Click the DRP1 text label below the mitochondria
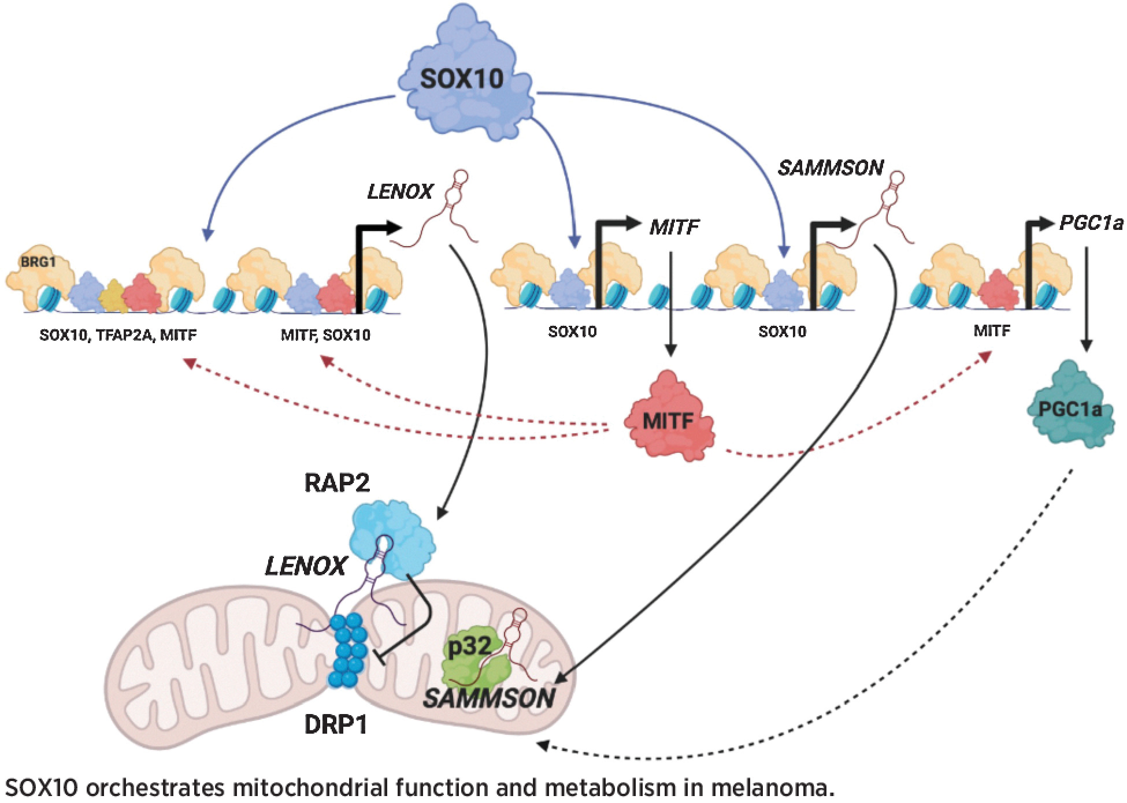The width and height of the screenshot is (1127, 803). pos(336,725)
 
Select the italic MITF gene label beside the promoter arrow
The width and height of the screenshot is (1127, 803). pos(674,226)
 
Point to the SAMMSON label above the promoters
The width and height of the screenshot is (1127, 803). pos(831,168)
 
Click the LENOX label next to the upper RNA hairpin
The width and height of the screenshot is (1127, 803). pos(400,191)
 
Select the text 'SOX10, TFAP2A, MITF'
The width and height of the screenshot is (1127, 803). pos(118,334)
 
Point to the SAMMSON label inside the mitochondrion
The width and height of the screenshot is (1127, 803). pos(489,698)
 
